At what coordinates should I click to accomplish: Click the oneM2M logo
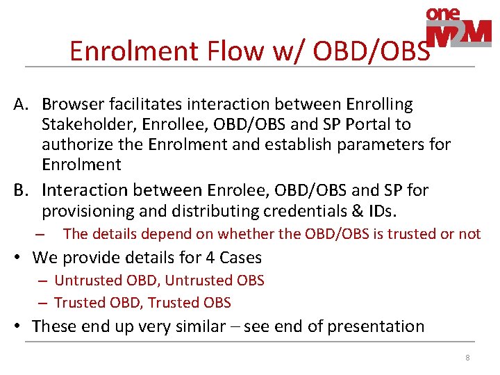pyautogui.click(x=458, y=27)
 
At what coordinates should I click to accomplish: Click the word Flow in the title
pyautogui.click(x=235, y=51)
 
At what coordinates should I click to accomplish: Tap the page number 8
pyautogui.click(x=467, y=358)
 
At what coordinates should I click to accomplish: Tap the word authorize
pyautogui.click(x=78, y=144)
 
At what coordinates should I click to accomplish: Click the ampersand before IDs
pyautogui.click(x=358, y=211)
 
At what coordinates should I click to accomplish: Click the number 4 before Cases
pyautogui.click(x=210, y=258)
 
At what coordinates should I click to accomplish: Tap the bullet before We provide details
pyautogui.click(x=17, y=257)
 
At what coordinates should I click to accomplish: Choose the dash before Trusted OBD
pyautogui.click(x=42, y=303)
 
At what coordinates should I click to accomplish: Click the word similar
pyautogui.click(x=201, y=326)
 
